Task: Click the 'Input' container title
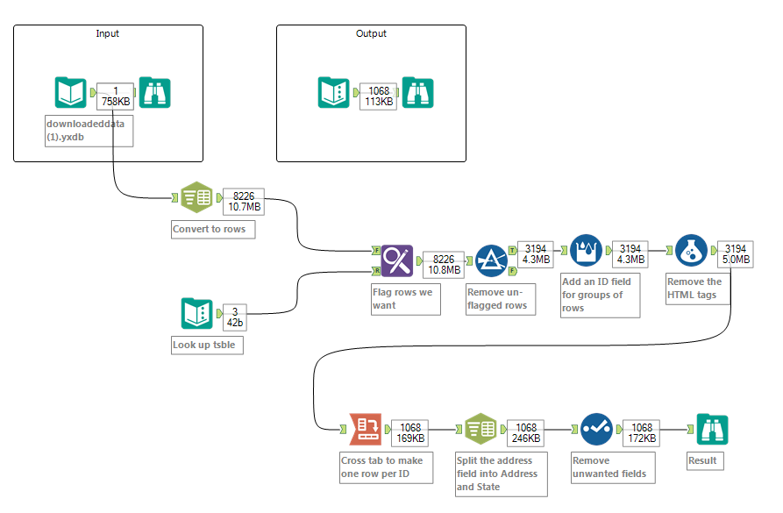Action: pyautogui.click(x=107, y=33)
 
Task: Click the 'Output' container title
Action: pyautogui.click(x=370, y=33)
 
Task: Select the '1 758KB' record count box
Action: pyautogui.click(x=115, y=96)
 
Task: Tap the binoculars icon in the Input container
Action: pyautogui.click(x=155, y=93)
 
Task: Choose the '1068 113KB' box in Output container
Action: pyautogui.click(x=379, y=96)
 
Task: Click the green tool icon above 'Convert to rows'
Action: pyautogui.click(x=196, y=198)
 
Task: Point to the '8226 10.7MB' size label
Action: pyautogui.click(x=243, y=201)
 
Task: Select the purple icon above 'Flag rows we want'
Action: pyautogui.click(x=396, y=260)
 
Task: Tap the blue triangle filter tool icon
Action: pyautogui.click(x=491, y=260)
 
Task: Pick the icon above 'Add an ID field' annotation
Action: pyautogui.click(x=586, y=251)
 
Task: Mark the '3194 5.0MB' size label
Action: pyautogui.click(x=734, y=254)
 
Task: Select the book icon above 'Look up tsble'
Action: pyautogui.click(x=197, y=314)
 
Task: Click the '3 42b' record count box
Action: pyautogui.click(x=235, y=317)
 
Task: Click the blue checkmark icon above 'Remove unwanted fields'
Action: pyautogui.click(x=596, y=430)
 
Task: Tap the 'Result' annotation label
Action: pyautogui.click(x=703, y=460)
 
